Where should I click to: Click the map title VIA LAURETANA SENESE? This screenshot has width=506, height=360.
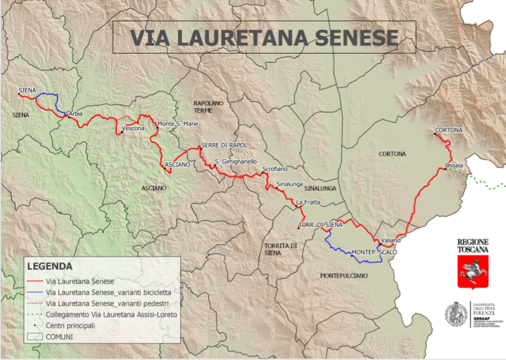pos(263,38)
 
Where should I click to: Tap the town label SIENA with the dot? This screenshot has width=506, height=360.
pos(27,90)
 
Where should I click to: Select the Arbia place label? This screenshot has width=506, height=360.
pos(76,114)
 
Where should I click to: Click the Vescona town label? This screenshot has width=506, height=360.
pos(133,129)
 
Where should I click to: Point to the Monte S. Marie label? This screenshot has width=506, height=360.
pos(177,125)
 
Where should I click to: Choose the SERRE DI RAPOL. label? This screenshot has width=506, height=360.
pos(225,145)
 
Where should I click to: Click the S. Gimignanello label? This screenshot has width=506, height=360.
pos(236,161)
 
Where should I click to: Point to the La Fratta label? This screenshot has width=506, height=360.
pos(306,203)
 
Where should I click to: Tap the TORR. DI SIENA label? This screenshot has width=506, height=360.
pos(320,225)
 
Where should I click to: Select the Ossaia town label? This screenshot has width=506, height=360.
pos(454,165)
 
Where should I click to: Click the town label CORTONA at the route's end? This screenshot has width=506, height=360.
pos(449,131)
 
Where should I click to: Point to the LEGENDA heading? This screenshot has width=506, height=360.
pos(49,266)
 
